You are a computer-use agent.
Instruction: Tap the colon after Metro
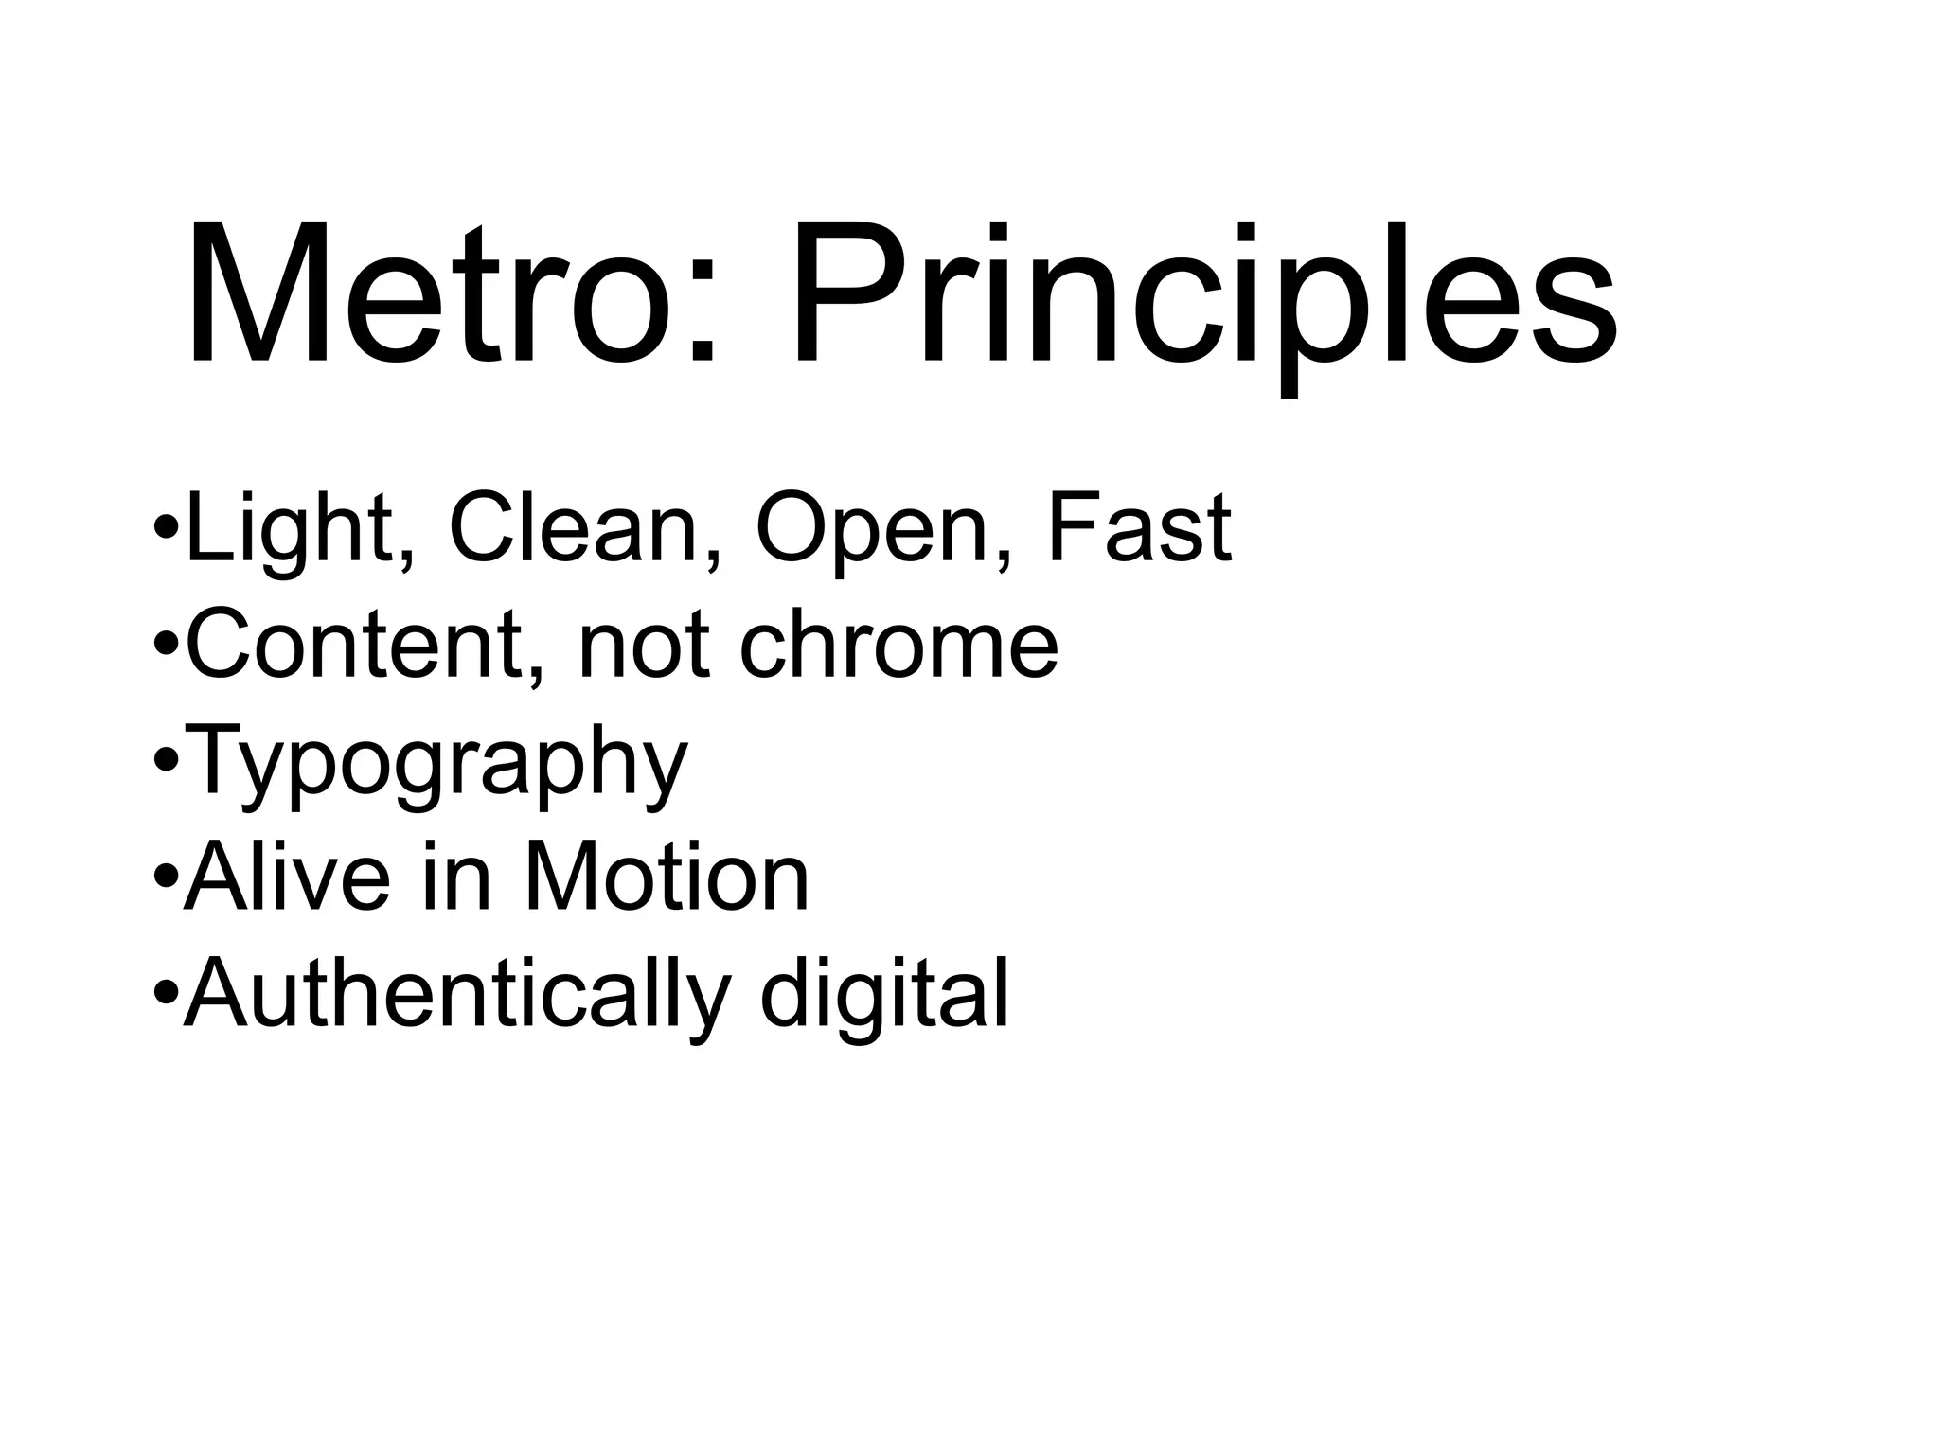(700, 317)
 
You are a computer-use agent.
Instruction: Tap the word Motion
(667, 878)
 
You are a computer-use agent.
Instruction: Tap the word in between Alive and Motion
(458, 878)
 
